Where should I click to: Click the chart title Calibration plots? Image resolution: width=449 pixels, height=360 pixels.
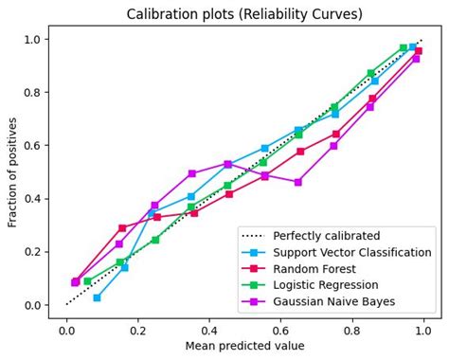coord(243,13)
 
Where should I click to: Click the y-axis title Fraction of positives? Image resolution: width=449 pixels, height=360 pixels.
coord(13,172)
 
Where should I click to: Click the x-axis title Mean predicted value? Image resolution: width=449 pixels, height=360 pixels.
coord(243,346)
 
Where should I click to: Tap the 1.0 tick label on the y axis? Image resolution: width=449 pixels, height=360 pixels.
coord(32,39)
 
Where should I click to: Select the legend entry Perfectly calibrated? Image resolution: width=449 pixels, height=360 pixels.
coord(327,235)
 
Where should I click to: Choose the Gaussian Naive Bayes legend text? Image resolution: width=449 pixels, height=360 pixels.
coord(334,302)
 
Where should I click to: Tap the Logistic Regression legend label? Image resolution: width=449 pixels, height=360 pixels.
coord(329,286)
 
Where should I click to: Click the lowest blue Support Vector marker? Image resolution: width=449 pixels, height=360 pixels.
coord(97,297)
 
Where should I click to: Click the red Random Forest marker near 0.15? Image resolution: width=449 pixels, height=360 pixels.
coord(121,228)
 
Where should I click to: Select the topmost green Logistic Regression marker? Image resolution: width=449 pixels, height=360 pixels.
coord(403,47)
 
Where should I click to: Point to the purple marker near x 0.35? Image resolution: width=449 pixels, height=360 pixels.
coord(191,173)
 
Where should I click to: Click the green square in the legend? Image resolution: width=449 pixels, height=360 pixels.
coord(254,286)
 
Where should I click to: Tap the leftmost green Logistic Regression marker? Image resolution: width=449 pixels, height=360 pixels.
coord(87,281)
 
